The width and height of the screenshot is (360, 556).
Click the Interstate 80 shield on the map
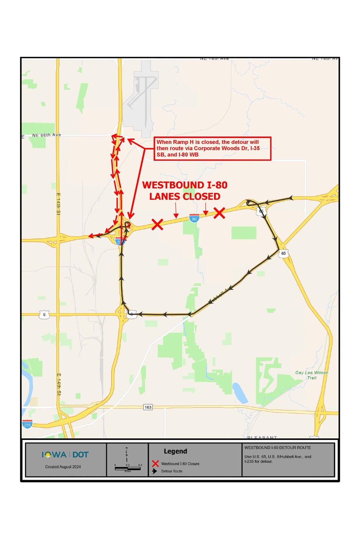194,218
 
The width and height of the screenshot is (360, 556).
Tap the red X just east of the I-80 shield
220,213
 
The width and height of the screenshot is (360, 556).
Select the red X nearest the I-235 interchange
157,225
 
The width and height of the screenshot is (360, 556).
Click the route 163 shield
148,407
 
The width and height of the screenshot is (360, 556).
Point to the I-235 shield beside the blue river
27,424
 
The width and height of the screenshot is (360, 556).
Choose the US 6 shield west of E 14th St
44,315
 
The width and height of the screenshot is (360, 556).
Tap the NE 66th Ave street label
46,135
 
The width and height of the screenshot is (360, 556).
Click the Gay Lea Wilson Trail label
312,375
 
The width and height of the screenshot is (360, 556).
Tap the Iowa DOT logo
65,455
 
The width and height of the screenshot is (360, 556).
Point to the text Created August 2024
63,467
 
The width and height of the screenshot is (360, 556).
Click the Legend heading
175,451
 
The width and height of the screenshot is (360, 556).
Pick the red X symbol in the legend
155,464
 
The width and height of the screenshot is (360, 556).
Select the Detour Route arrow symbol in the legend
155,471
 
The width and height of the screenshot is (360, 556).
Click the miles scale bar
127,468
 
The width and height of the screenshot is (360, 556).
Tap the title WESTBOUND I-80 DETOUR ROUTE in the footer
277,447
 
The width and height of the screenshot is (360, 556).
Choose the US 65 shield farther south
284,253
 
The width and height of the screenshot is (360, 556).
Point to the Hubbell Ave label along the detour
221,295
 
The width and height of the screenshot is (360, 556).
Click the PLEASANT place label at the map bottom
262,437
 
